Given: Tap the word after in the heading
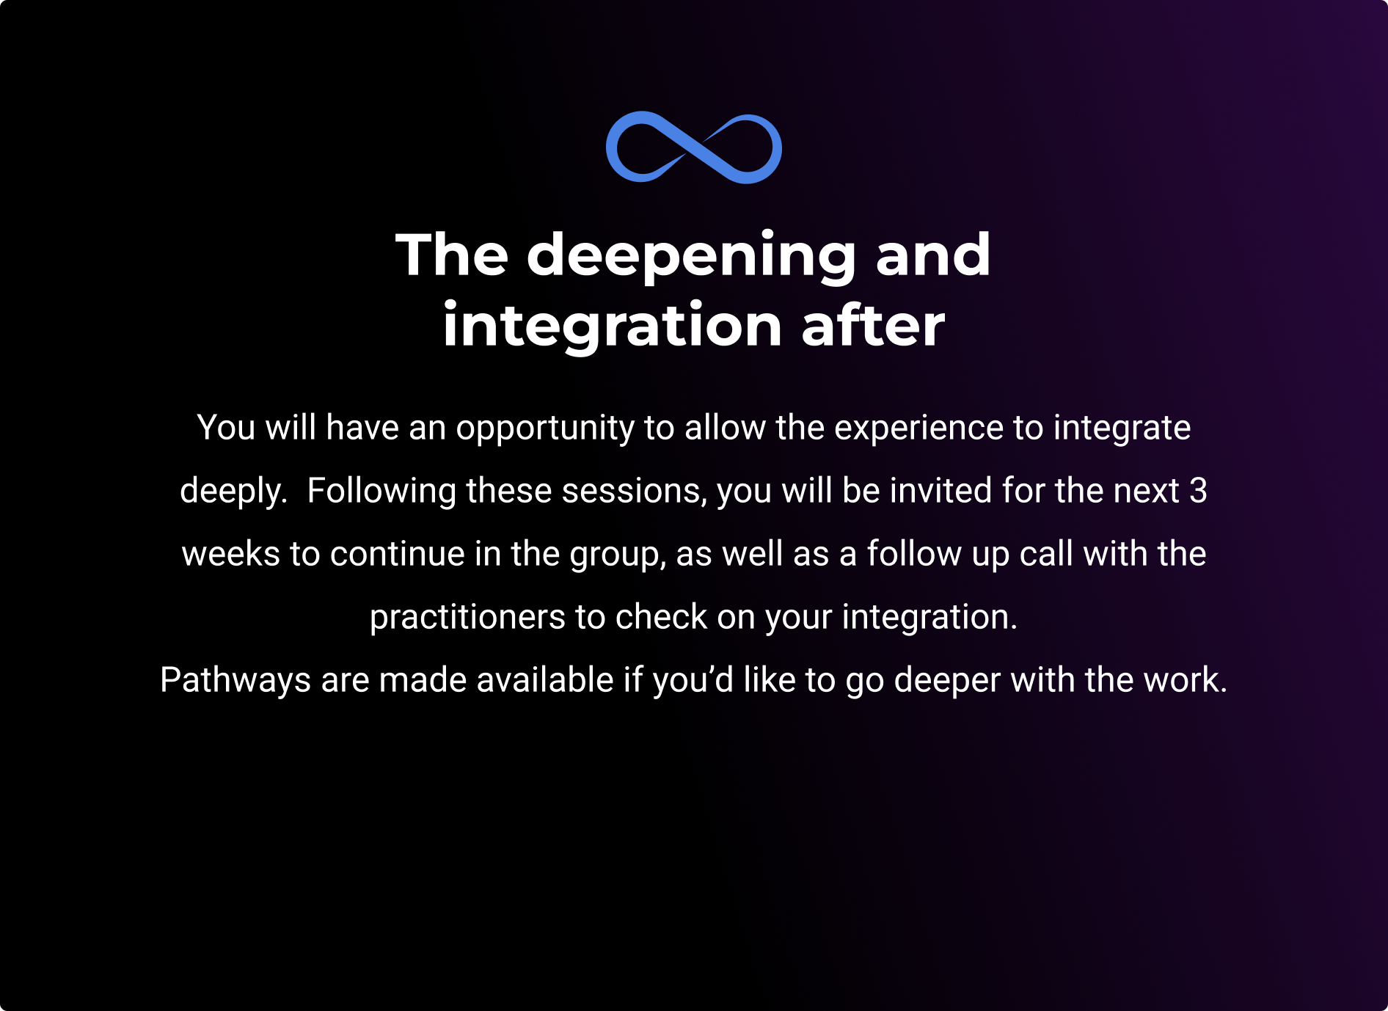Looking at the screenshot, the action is click(x=873, y=325).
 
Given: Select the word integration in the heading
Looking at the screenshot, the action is click(x=612, y=327).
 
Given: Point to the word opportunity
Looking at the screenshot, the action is click(x=545, y=428).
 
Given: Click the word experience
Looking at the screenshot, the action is click(x=918, y=428).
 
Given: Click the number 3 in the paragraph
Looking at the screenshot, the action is click(x=1198, y=491).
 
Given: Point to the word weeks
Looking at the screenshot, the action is click(x=230, y=554).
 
